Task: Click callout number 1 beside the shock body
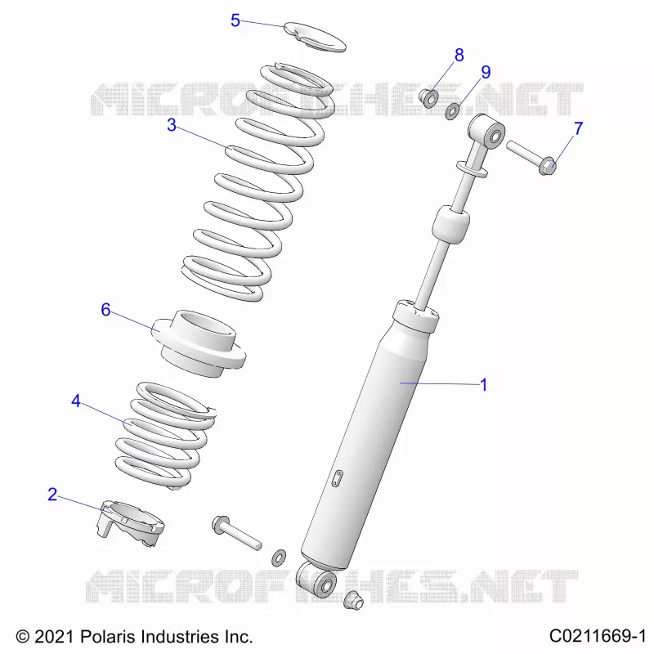pyautogui.click(x=483, y=384)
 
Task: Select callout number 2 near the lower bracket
pyautogui.click(x=52, y=495)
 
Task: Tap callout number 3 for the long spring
pyautogui.click(x=172, y=125)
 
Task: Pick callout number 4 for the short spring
pyautogui.click(x=75, y=401)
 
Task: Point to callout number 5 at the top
pyautogui.click(x=235, y=20)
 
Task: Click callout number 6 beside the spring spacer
pyautogui.click(x=105, y=310)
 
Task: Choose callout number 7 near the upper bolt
pyautogui.click(x=578, y=128)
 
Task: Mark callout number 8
pyautogui.click(x=459, y=55)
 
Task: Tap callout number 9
pyautogui.click(x=486, y=72)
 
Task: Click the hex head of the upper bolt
pyautogui.click(x=547, y=166)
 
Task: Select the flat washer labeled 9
pyautogui.click(x=452, y=111)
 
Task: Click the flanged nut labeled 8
pyautogui.click(x=428, y=97)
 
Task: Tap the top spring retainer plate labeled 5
pyautogui.click(x=316, y=37)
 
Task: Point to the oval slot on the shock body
pyautogui.click(x=337, y=478)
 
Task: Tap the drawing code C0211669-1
pyautogui.click(x=598, y=637)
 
